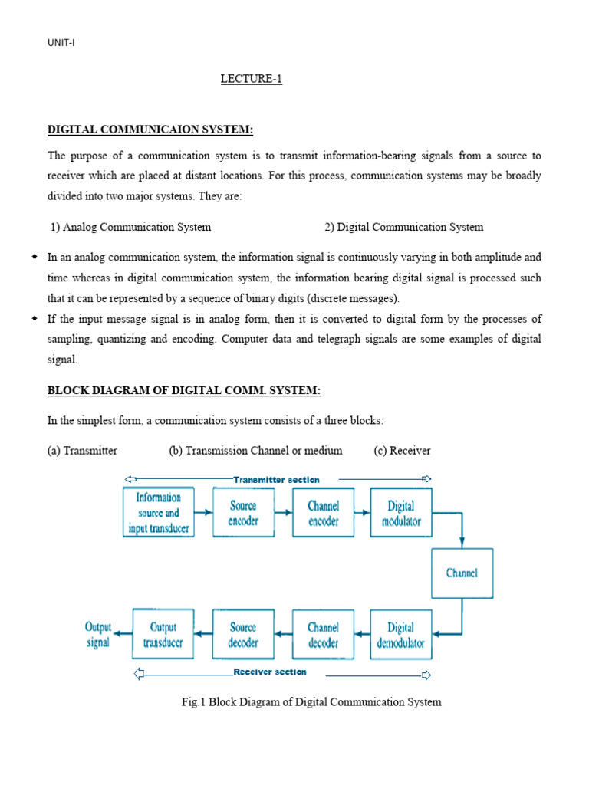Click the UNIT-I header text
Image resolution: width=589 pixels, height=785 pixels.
point(61,43)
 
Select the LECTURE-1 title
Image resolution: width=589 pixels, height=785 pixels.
point(252,80)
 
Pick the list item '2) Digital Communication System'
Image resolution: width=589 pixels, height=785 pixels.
point(403,227)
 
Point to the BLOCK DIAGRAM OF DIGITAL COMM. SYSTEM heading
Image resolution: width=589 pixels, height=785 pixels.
point(184,391)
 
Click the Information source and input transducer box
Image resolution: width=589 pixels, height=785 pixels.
point(158,512)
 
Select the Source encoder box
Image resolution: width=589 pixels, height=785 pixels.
point(242,512)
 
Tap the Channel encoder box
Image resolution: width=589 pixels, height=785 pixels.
point(323,512)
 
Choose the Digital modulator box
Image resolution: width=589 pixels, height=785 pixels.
point(400,512)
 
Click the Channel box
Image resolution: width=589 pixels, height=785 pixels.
point(462,573)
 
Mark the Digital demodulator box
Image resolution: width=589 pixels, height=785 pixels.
point(400,634)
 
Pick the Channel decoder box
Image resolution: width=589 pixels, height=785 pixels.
point(323,634)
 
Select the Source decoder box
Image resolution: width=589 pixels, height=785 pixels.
point(242,634)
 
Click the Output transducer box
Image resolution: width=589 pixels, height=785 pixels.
point(163,634)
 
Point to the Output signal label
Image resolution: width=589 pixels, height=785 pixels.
point(97,635)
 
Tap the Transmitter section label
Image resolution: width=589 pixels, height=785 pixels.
point(276,480)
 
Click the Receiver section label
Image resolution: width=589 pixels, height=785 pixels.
point(269,672)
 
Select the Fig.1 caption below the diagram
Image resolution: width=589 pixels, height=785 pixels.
point(308,701)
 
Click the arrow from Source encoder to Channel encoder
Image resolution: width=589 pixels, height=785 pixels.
point(282,512)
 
